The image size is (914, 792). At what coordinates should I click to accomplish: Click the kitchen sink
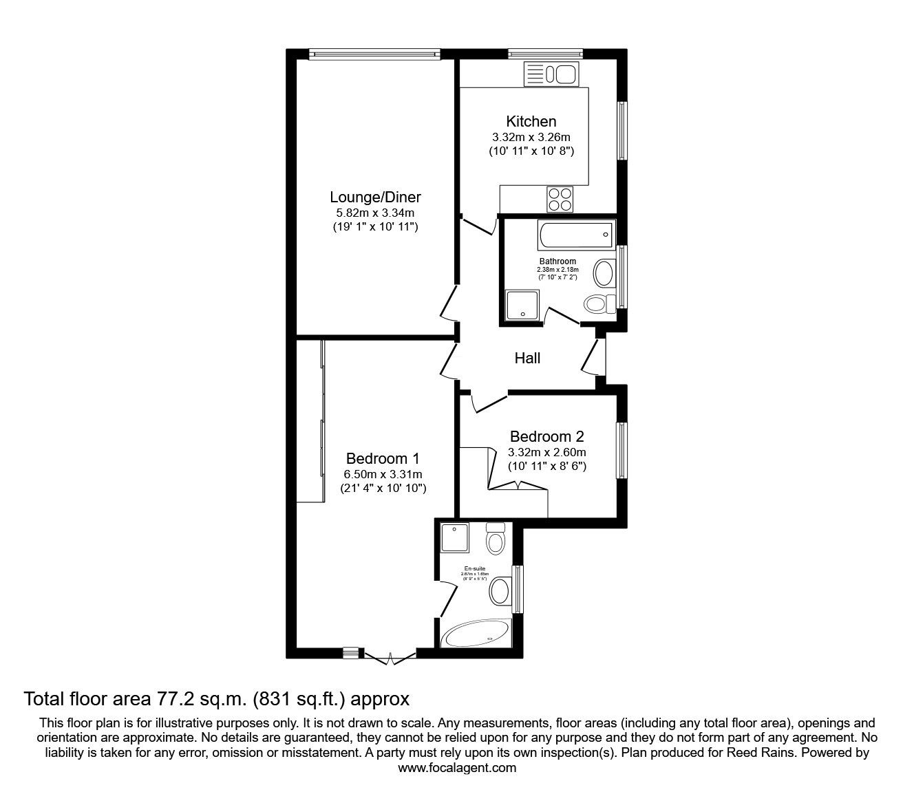click(552, 74)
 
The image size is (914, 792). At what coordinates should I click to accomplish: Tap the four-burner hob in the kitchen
click(560, 199)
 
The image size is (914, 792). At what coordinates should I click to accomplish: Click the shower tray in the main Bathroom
click(522, 306)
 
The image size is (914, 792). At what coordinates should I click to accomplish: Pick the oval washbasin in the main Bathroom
click(604, 273)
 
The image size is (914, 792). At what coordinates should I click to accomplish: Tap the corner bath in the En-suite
click(476, 634)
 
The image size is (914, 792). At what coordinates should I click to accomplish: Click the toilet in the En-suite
click(496, 539)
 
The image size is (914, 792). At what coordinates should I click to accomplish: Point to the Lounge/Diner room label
click(375, 197)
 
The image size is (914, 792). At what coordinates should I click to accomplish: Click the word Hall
click(528, 358)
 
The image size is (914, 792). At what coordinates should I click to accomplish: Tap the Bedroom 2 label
click(546, 436)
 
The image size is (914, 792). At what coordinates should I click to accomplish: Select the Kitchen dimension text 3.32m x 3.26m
click(531, 137)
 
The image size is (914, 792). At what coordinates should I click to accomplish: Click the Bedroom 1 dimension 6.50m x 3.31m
click(383, 474)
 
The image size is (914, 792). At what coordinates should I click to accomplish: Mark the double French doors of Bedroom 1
click(390, 657)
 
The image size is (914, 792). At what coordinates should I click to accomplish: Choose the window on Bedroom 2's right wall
click(621, 451)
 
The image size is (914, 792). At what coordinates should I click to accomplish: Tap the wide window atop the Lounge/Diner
click(374, 52)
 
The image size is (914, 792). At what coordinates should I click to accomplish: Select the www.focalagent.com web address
click(457, 768)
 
